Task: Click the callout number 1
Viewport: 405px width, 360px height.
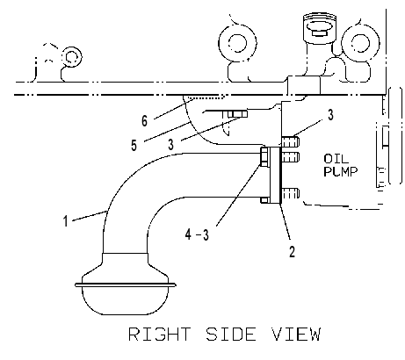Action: [66, 221]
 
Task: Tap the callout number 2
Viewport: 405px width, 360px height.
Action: [292, 251]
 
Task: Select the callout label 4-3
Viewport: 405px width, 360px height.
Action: [198, 234]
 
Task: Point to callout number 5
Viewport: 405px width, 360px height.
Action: [134, 145]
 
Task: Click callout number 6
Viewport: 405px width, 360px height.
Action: [144, 120]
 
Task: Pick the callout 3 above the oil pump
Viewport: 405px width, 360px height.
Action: [330, 115]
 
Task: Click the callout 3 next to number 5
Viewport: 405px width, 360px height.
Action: [171, 144]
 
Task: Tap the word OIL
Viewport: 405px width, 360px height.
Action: [336, 159]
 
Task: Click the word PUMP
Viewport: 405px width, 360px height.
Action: [341, 171]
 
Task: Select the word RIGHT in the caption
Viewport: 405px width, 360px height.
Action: [159, 335]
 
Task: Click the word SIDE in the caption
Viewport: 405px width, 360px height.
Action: [231, 335]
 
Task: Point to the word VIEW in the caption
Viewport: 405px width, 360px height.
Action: [296, 335]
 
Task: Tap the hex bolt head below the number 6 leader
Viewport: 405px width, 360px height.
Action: [237, 113]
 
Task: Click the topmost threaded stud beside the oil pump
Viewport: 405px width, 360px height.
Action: [290, 142]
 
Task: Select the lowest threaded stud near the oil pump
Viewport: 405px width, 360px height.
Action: [290, 193]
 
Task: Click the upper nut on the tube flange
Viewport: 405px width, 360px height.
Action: [264, 157]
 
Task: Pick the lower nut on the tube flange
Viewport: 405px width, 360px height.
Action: [264, 200]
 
